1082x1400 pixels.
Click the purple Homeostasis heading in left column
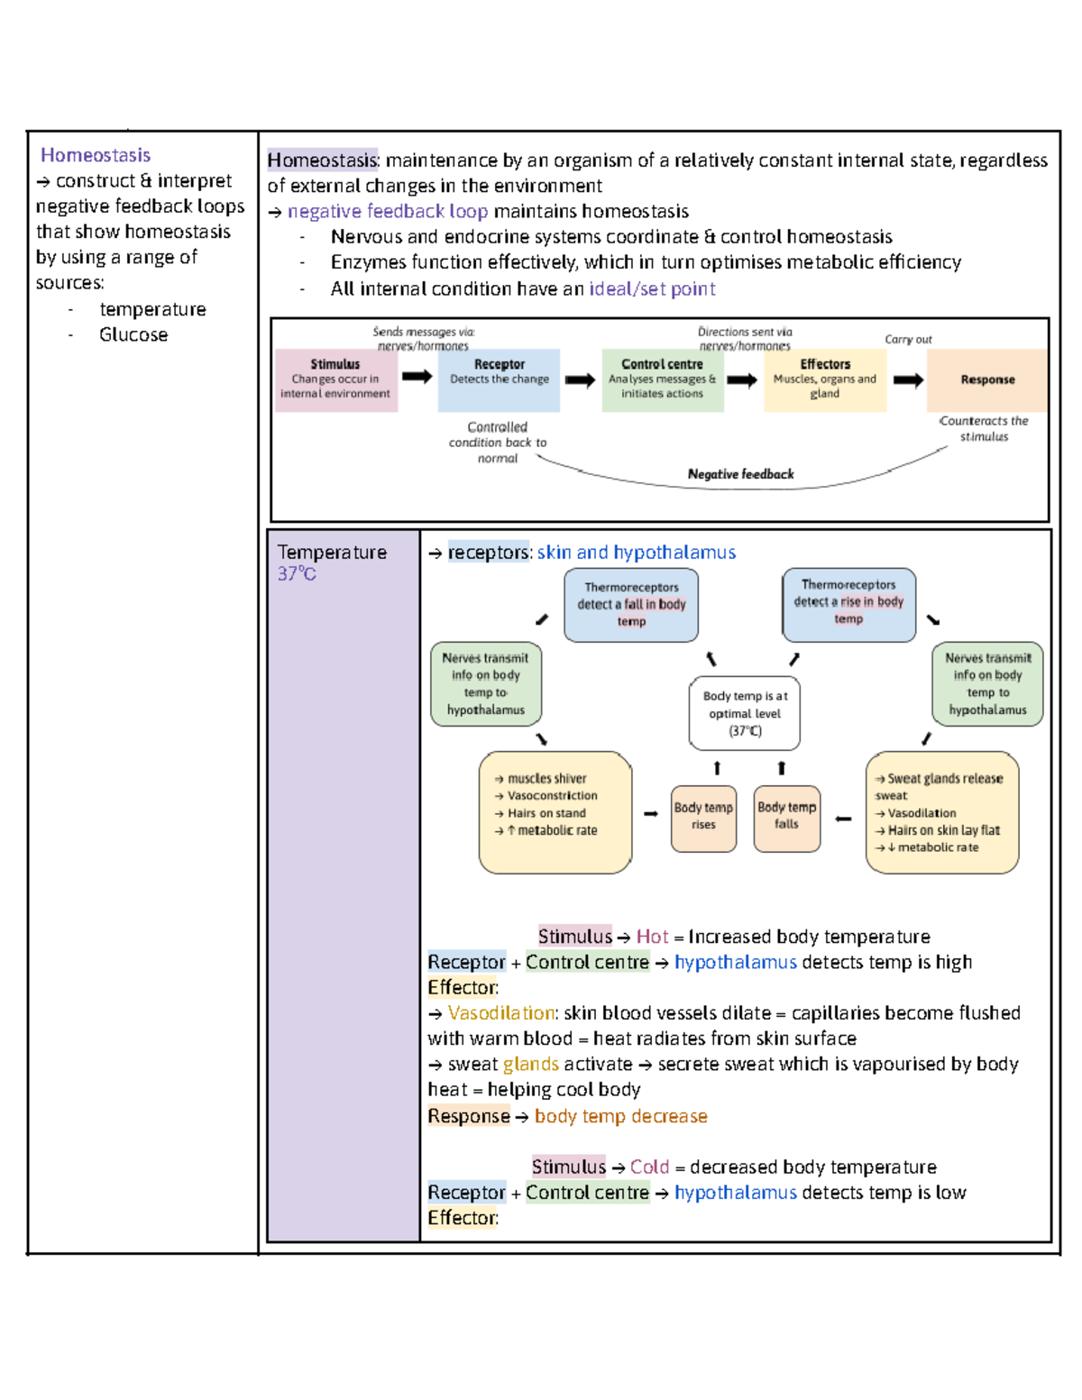tap(95, 155)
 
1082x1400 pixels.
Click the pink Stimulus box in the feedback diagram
tap(335, 380)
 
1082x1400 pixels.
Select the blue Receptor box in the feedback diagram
tap(499, 380)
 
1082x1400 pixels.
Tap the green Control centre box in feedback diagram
tap(662, 380)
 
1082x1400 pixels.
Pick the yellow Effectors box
tap(825, 380)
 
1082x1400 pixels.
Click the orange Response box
tap(987, 380)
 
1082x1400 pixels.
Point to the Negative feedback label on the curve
tap(740, 474)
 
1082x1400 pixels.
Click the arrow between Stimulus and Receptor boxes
tap(417, 376)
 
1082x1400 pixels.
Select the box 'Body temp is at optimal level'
tap(745, 713)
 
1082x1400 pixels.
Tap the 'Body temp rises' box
tap(703, 817)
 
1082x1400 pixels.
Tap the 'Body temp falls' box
tap(786, 817)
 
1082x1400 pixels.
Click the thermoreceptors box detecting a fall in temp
tap(631, 604)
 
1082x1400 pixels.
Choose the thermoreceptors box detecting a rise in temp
tap(848, 602)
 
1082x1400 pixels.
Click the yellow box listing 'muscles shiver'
tap(555, 811)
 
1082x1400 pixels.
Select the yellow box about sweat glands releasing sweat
tap(942, 811)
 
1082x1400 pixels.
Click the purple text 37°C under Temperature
tap(297, 574)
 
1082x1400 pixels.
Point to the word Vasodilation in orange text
tap(501, 1013)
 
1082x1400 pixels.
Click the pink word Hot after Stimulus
tap(652, 937)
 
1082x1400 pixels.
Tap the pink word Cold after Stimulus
tap(649, 1167)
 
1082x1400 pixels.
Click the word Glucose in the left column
tap(133, 334)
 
